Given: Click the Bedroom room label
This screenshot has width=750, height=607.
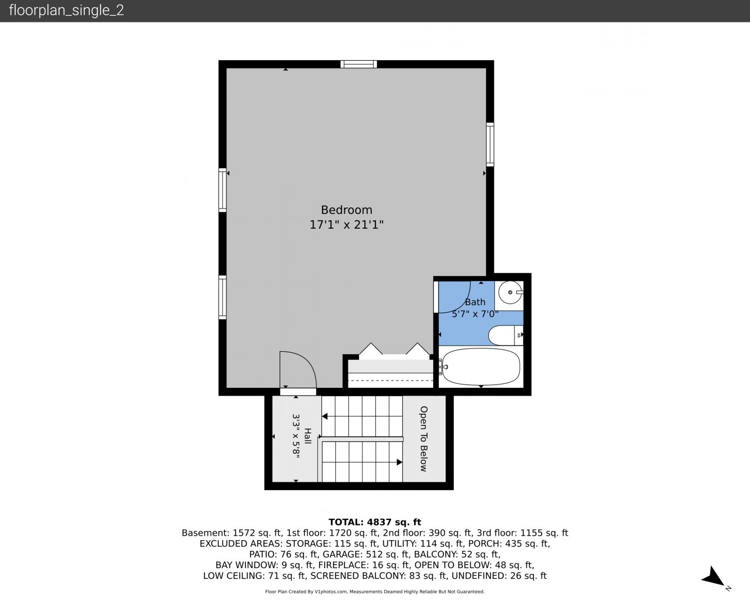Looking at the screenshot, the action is tap(347, 210).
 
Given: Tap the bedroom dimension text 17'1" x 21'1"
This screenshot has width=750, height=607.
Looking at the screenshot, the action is tap(347, 224).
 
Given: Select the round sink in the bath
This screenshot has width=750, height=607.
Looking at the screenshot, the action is tap(510, 292).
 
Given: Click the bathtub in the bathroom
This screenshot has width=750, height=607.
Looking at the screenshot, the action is tap(481, 367).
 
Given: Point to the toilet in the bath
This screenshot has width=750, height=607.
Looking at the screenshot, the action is tap(506, 336).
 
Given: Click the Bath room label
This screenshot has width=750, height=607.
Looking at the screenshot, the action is tap(475, 302).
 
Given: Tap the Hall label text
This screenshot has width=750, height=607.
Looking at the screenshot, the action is tap(307, 436).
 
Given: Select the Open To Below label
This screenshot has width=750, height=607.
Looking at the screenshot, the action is tap(424, 438).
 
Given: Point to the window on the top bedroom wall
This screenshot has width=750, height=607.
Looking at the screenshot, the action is tap(358, 64).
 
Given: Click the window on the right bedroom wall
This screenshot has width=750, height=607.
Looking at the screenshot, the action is tap(490, 144).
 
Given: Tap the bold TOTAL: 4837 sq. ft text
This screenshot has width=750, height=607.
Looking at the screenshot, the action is tap(375, 522).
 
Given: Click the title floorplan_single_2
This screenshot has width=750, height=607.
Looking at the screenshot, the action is tap(66, 10).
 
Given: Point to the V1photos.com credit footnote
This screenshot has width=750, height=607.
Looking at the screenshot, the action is tap(375, 591).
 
